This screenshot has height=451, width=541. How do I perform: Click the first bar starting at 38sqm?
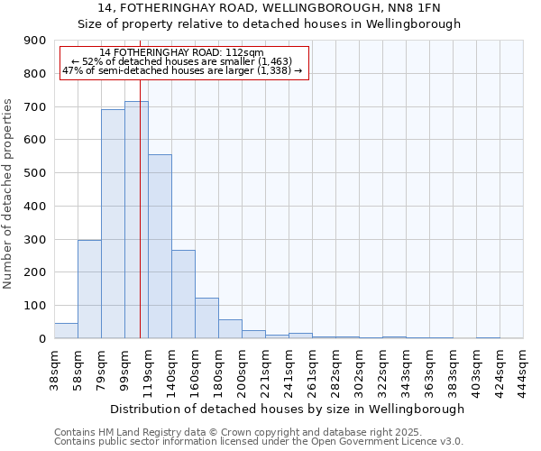coord(66,330)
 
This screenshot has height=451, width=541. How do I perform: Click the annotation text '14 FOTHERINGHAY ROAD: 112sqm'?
coord(181,52)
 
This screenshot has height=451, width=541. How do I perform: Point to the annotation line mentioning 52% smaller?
coord(181,61)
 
